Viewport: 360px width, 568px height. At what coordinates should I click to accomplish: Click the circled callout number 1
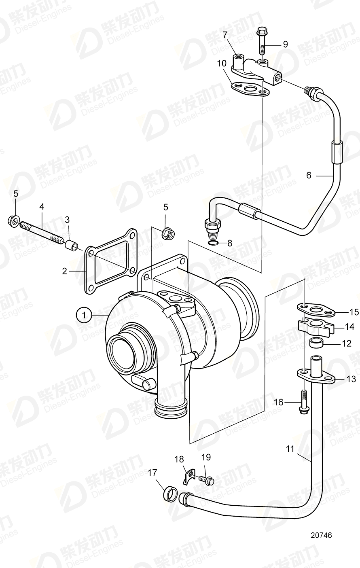83,314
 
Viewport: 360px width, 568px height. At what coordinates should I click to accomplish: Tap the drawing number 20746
321,535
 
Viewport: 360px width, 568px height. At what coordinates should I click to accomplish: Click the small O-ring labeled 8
214,243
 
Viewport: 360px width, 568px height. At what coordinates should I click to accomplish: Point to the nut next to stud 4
12,220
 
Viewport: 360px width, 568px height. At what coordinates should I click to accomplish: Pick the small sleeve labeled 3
71,244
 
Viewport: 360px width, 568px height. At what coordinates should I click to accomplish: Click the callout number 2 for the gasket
64,271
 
